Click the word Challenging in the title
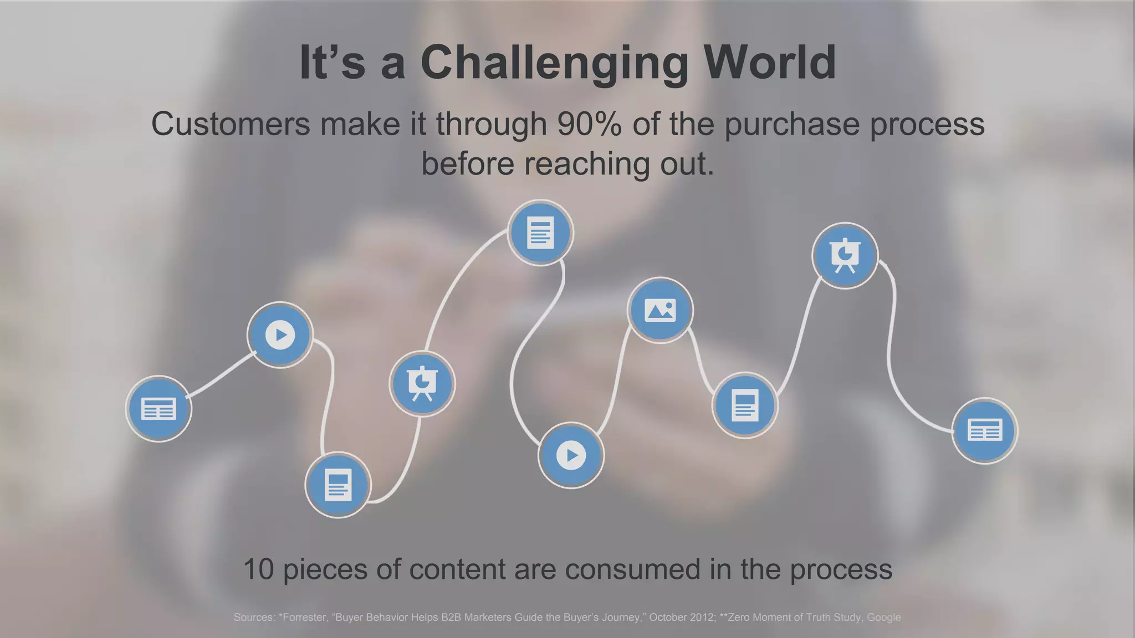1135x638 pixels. pyautogui.click(x=554, y=64)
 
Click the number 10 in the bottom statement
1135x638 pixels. pyautogui.click(x=258, y=569)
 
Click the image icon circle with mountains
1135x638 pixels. pyautogui.click(x=660, y=310)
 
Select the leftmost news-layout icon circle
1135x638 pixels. pyautogui.click(x=159, y=409)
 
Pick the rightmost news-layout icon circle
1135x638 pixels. pyautogui.click(x=984, y=430)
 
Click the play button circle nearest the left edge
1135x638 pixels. pyautogui.click(x=280, y=335)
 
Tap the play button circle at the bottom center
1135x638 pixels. pyautogui.click(x=571, y=455)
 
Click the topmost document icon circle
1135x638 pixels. pyautogui.click(x=540, y=233)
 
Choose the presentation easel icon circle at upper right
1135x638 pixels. pyautogui.click(x=845, y=255)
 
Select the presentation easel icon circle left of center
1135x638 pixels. pyautogui.click(x=422, y=383)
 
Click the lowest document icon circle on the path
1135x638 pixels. pyautogui.click(x=338, y=485)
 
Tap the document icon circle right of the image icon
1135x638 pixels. pyautogui.click(x=745, y=405)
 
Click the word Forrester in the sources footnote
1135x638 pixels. pyautogui.click(x=304, y=618)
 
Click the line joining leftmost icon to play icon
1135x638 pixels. pyautogui.click(x=221, y=375)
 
